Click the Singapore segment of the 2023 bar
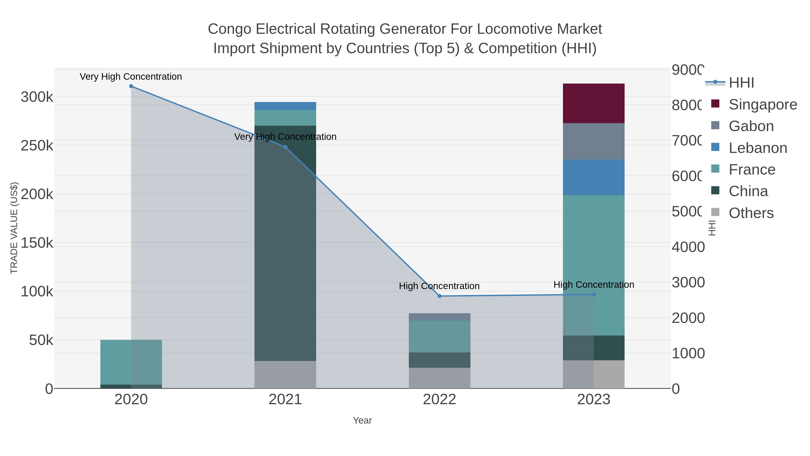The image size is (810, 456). coord(593,103)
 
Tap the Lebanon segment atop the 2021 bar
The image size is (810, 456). coord(285,106)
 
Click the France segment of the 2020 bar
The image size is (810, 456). coord(131,362)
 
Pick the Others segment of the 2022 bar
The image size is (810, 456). coord(439,378)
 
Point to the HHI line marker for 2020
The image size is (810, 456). coord(131,86)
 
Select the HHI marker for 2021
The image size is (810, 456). coord(285,147)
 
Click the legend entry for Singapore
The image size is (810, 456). coord(763,104)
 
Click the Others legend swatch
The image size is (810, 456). coord(715,212)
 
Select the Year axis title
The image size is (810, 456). coord(362,420)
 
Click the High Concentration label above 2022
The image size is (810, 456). coord(439,286)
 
